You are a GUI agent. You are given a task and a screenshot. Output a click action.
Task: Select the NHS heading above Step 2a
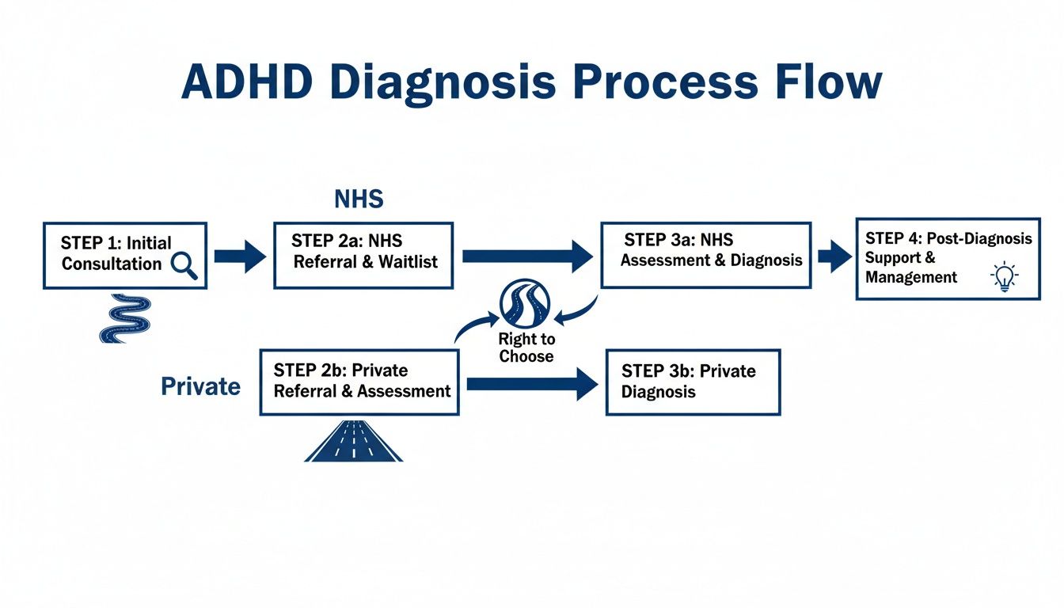click(x=359, y=199)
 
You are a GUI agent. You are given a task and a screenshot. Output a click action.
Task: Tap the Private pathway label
click(x=201, y=386)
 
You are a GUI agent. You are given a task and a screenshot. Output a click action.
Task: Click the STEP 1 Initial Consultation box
click(x=124, y=254)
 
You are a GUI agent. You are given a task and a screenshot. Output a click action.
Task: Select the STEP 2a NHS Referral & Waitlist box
click(x=363, y=255)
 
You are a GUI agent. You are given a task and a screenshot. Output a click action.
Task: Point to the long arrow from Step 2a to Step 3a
click(x=527, y=256)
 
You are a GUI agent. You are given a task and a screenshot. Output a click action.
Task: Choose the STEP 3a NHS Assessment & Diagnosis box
click(x=706, y=254)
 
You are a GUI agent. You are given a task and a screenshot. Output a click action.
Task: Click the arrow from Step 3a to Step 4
click(x=834, y=256)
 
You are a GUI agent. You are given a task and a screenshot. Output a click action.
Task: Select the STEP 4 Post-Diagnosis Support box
click(x=948, y=258)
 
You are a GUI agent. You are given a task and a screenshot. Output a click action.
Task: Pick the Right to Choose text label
click(x=526, y=348)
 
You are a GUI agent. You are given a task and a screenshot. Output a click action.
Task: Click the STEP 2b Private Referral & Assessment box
click(x=359, y=382)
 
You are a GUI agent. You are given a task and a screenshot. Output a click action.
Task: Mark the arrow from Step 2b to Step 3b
click(x=532, y=384)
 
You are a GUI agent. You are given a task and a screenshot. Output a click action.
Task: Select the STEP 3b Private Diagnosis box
click(x=693, y=382)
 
